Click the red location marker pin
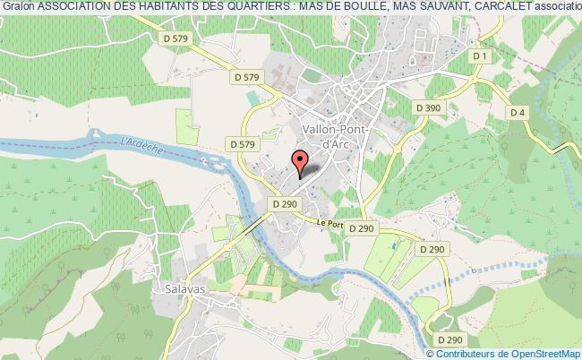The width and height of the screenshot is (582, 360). (x=301, y=160)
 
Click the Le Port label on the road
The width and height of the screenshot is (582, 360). (x=330, y=225)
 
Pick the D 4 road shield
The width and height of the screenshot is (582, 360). (x=517, y=112)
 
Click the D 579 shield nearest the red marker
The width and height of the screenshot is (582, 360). (x=243, y=143)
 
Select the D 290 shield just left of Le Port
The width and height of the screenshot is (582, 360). (x=284, y=204)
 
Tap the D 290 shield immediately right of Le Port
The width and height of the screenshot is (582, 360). (x=363, y=228)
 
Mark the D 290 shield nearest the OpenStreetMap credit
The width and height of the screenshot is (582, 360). (x=449, y=339)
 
